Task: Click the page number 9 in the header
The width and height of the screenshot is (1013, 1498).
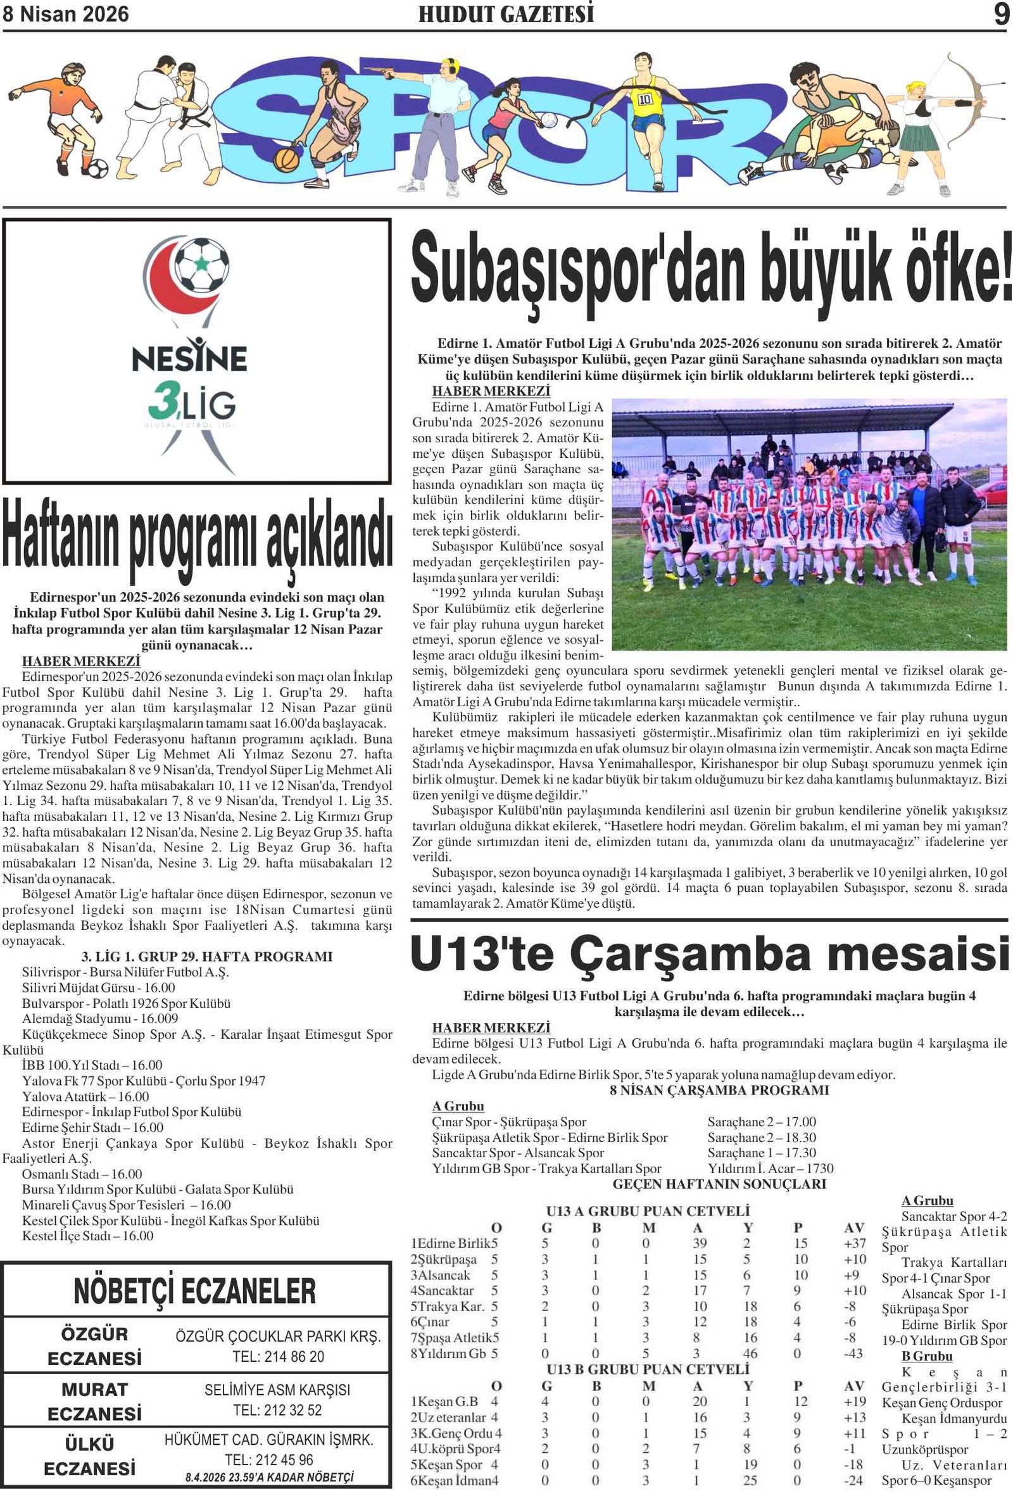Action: pos(1001,14)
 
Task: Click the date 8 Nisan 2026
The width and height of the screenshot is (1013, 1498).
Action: pos(66,14)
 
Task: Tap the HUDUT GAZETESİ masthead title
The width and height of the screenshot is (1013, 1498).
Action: pos(506,14)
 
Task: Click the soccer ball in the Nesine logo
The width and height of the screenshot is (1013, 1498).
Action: pos(202,265)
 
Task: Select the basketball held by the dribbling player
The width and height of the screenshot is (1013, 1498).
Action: pos(287,158)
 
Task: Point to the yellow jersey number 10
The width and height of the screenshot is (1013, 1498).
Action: pos(645,101)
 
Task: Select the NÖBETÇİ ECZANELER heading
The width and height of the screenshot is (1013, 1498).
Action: pos(195,1291)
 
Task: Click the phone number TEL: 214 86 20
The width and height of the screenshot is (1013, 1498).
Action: pos(279,1356)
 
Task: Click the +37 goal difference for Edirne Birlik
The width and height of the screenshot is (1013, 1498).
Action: pos(855,1243)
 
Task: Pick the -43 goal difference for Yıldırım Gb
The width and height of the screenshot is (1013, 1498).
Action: pos(853,1353)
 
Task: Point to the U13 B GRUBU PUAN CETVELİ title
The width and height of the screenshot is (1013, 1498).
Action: pos(648,1369)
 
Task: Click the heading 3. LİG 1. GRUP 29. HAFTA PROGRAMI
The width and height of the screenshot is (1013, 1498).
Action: pos(207,956)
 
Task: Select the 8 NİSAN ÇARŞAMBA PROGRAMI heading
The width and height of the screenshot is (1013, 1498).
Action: pos(719,1091)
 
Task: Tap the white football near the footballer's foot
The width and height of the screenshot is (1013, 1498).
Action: pos(97,168)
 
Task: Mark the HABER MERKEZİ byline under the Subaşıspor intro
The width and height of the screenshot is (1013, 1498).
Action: pos(491,391)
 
